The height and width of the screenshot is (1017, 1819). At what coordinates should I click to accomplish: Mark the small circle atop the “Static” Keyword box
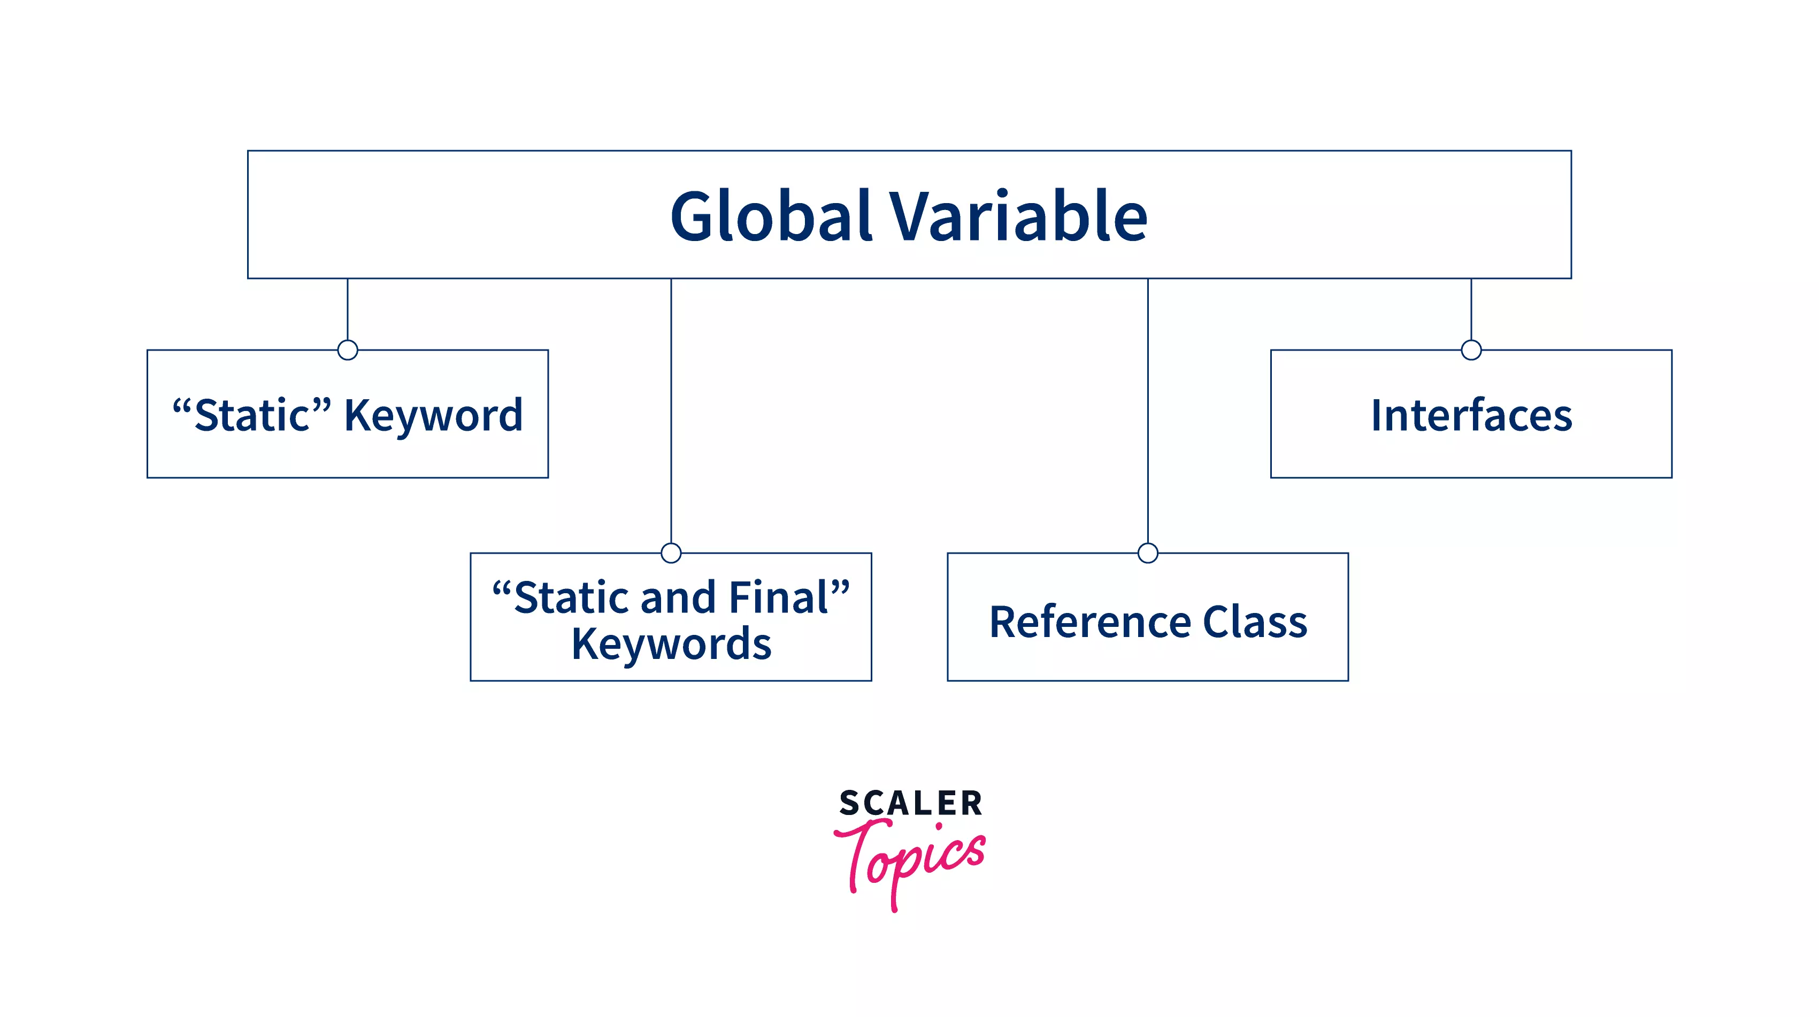click(348, 350)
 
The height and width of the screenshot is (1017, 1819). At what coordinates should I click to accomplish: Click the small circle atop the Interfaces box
click(1471, 350)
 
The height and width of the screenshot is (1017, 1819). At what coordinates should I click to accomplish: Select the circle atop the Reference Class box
click(1148, 553)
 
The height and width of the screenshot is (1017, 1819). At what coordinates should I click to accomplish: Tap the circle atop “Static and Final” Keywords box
click(671, 553)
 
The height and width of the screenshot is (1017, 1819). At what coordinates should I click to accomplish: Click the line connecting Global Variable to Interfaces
click(1471, 309)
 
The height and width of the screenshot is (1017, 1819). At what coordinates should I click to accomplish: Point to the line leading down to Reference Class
click(1148, 411)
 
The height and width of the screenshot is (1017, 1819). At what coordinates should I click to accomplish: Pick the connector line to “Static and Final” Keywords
click(671, 411)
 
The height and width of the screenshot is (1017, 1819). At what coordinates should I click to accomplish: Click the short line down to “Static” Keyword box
click(348, 309)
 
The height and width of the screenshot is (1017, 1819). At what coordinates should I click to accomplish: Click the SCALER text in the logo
click(910, 804)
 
